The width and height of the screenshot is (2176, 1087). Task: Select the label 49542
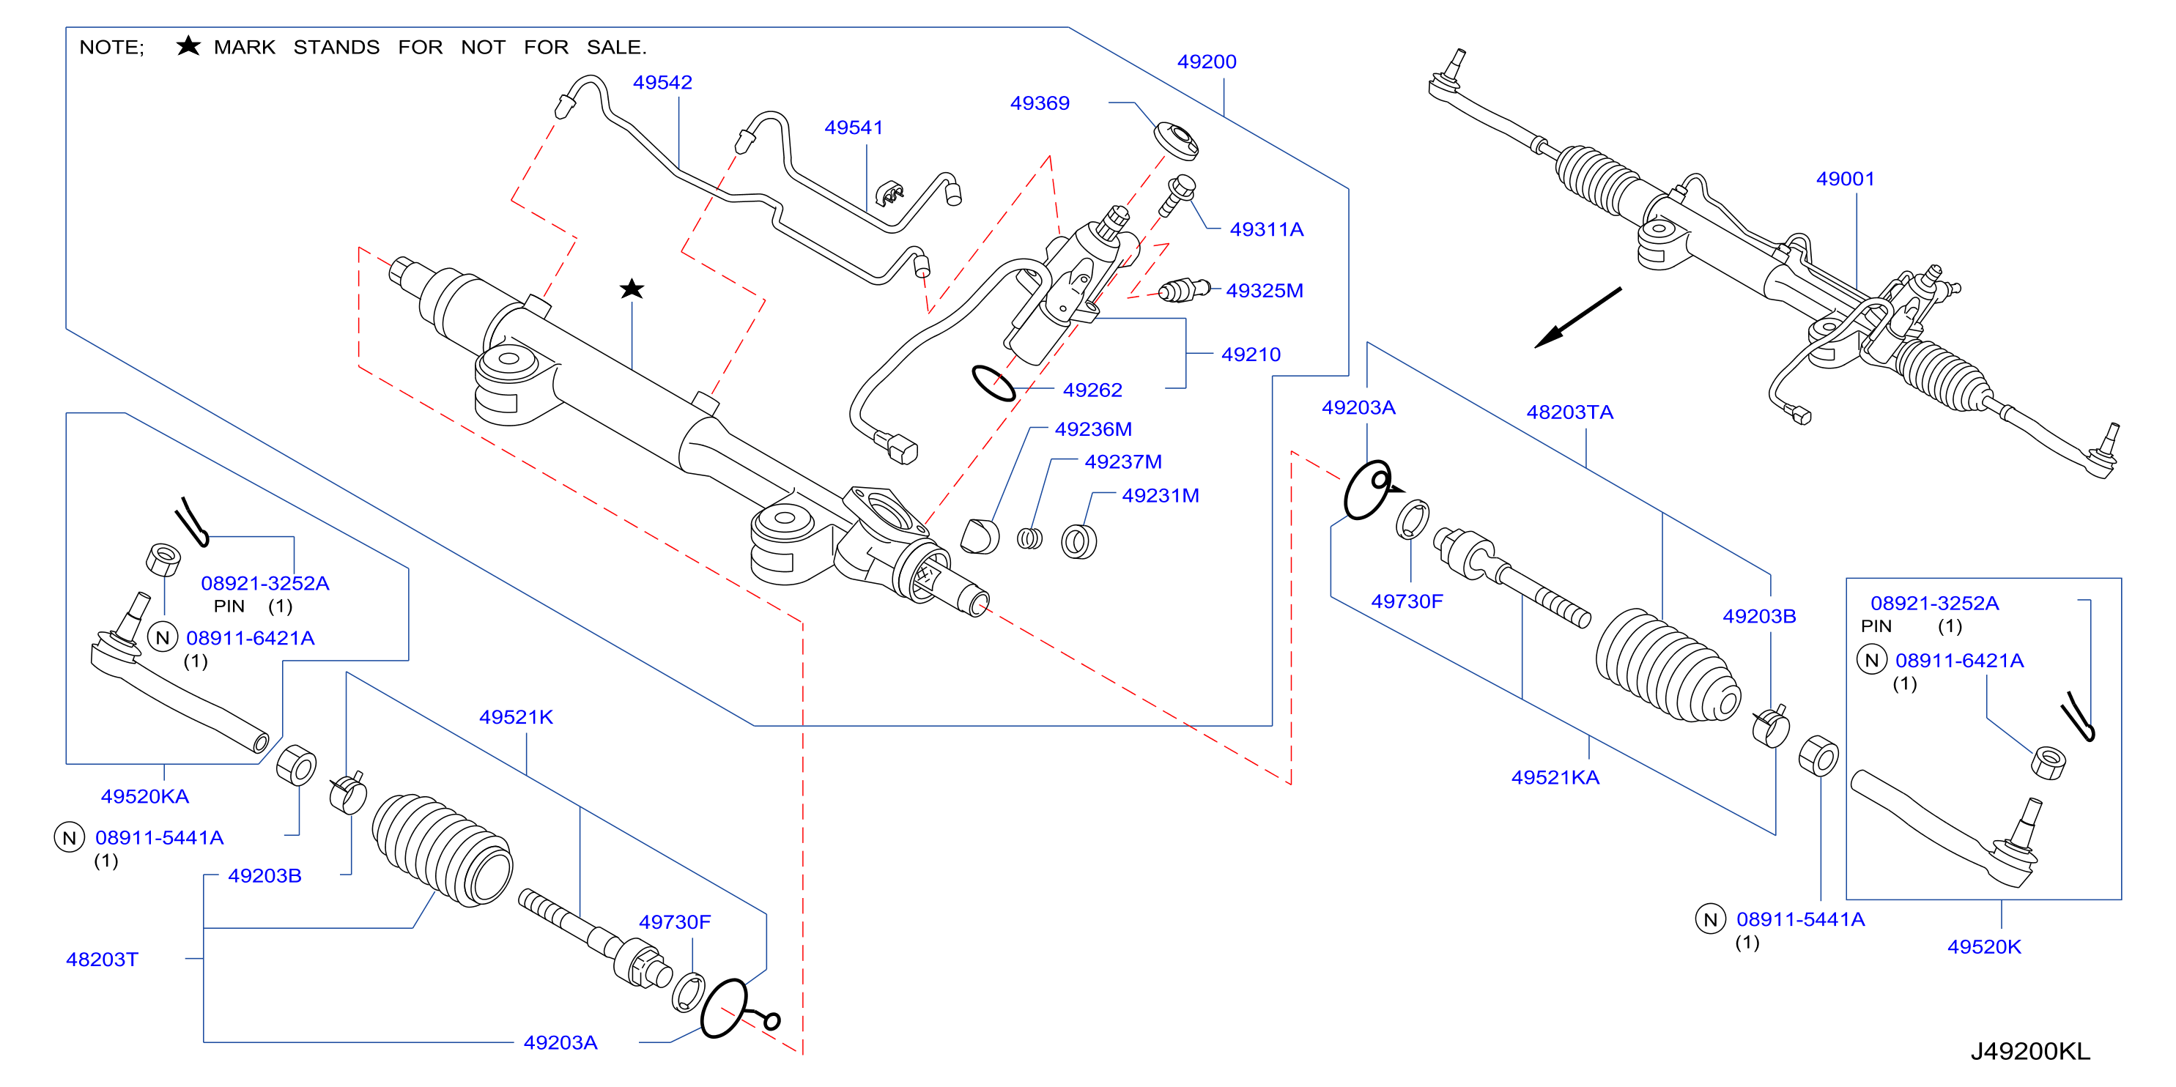(x=662, y=83)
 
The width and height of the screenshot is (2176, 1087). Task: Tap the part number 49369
(x=1040, y=103)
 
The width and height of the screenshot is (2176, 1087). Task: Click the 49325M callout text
(x=1265, y=291)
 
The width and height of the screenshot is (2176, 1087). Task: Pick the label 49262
(x=1092, y=390)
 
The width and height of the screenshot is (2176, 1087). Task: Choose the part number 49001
(x=1845, y=179)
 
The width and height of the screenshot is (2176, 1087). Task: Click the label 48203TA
(x=1569, y=412)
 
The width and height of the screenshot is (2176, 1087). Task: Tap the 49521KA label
(x=1555, y=777)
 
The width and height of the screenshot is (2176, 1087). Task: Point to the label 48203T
(x=103, y=960)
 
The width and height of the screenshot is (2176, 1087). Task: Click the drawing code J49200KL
(x=2030, y=1052)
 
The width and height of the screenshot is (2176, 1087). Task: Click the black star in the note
(x=188, y=45)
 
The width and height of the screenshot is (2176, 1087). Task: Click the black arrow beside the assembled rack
(x=1577, y=318)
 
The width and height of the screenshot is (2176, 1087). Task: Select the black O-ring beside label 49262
(x=993, y=383)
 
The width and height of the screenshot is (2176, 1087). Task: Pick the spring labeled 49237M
(x=1029, y=538)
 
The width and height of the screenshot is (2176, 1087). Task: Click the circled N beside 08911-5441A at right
(x=1711, y=919)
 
